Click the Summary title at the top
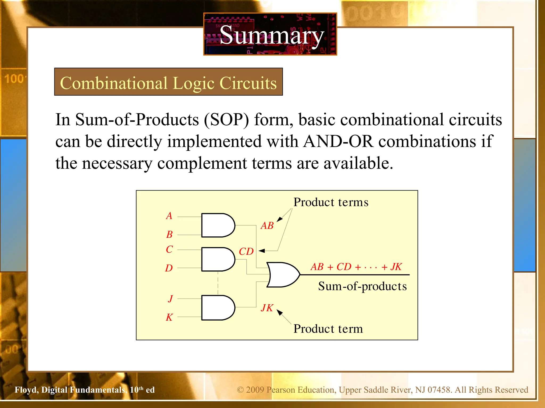click(x=271, y=36)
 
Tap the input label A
click(x=169, y=216)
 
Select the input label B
click(x=170, y=235)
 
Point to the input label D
click(x=169, y=268)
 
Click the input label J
click(x=170, y=299)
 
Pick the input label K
click(x=169, y=317)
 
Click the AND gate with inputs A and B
click(x=217, y=225)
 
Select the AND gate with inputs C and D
click(x=217, y=259)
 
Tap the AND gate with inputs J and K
click(x=217, y=308)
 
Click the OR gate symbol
click(x=282, y=275)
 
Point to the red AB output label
click(x=267, y=226)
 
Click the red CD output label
click(x=246, y=252)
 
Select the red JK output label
click(x=267, y=308)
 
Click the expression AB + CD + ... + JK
click(x=356, y=267)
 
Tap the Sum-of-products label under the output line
click(x=362, y=286)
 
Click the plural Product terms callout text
click(x=331, y=202)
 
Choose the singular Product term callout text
click(x=328, y=329)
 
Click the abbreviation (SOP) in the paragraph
click(x=226, y=120)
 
